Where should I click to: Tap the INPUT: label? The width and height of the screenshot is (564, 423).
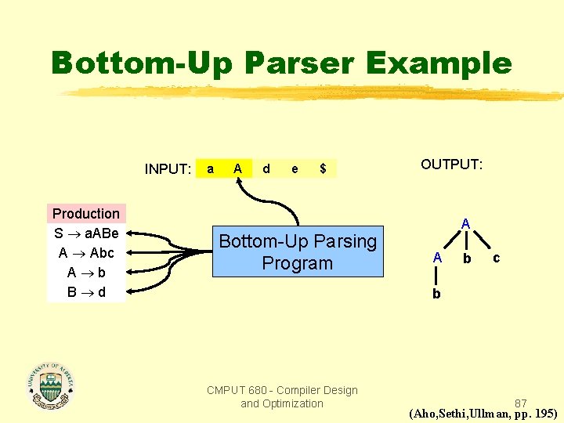point(168,168)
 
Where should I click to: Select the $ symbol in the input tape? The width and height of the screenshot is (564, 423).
point(323,168)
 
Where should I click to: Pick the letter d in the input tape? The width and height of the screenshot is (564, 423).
point(266,168)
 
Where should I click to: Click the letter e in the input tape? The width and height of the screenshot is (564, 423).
point(295,168)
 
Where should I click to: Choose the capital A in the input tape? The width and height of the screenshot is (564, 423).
point(237,168)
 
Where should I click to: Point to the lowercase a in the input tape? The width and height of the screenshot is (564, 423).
point(209,168)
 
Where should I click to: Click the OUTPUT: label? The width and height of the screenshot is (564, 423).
point(452,164)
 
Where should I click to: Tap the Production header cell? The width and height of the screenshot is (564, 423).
point(86,214)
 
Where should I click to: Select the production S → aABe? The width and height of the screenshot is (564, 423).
point(86,233)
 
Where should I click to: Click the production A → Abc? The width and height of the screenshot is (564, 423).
point(86,253)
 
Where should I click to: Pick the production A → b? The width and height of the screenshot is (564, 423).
point(86,273)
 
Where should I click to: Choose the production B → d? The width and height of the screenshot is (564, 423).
point(86,292)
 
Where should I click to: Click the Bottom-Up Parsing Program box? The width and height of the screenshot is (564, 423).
point(298,252)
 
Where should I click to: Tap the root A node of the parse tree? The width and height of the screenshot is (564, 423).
point(465,224)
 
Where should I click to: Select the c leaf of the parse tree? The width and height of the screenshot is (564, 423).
point(495,257)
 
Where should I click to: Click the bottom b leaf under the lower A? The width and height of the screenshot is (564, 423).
point(436,294)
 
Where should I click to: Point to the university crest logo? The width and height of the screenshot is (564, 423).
point(51,385)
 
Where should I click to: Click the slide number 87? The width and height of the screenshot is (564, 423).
point(521,403)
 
